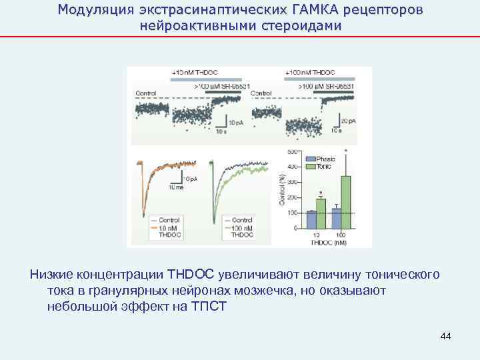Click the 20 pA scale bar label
pyautogui.click(x=347, y=121)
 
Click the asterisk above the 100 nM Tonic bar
pyautogui.click(x=345, y=151)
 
